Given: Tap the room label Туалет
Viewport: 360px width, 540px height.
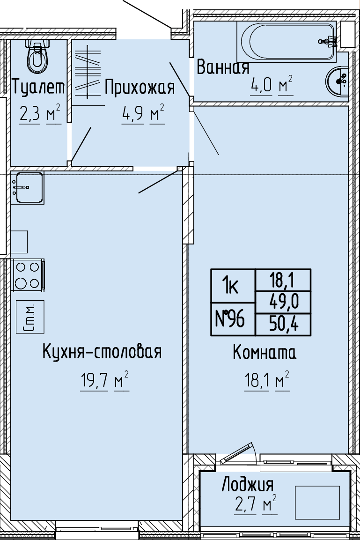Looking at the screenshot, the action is point(38,87).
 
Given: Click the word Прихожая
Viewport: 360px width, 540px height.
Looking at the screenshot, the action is point(140,87).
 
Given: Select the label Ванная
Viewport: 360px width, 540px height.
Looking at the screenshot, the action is point(223,67).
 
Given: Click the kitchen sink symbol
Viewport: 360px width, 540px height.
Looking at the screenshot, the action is point(27,188).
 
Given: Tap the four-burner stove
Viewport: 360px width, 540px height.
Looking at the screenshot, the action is point(28,275).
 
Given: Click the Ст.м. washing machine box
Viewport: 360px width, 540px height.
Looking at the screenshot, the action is point(30,317).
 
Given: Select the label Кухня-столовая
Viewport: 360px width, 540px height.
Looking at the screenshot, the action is point(102,352).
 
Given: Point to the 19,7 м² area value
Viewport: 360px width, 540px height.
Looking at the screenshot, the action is point(104,381).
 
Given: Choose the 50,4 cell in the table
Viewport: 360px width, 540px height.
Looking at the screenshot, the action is point(283,325).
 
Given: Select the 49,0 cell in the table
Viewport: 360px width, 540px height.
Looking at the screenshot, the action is point(283,303).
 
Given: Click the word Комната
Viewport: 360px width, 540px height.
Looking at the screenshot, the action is point(264,352).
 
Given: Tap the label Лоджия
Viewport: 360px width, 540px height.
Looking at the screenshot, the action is point(248,485).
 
